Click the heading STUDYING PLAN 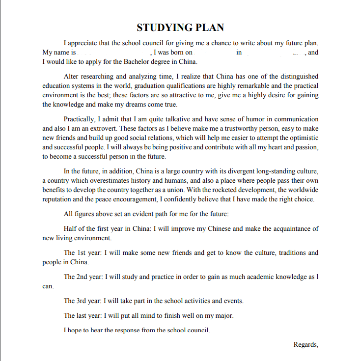[x=180, y=28]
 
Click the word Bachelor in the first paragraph [x=134, y=62]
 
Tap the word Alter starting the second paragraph [x=72, y=76]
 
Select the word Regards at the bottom [x=305, y=344]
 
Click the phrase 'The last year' [x=83, y=315]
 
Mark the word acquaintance [x=289, y=229]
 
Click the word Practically [x=81, y=119]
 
